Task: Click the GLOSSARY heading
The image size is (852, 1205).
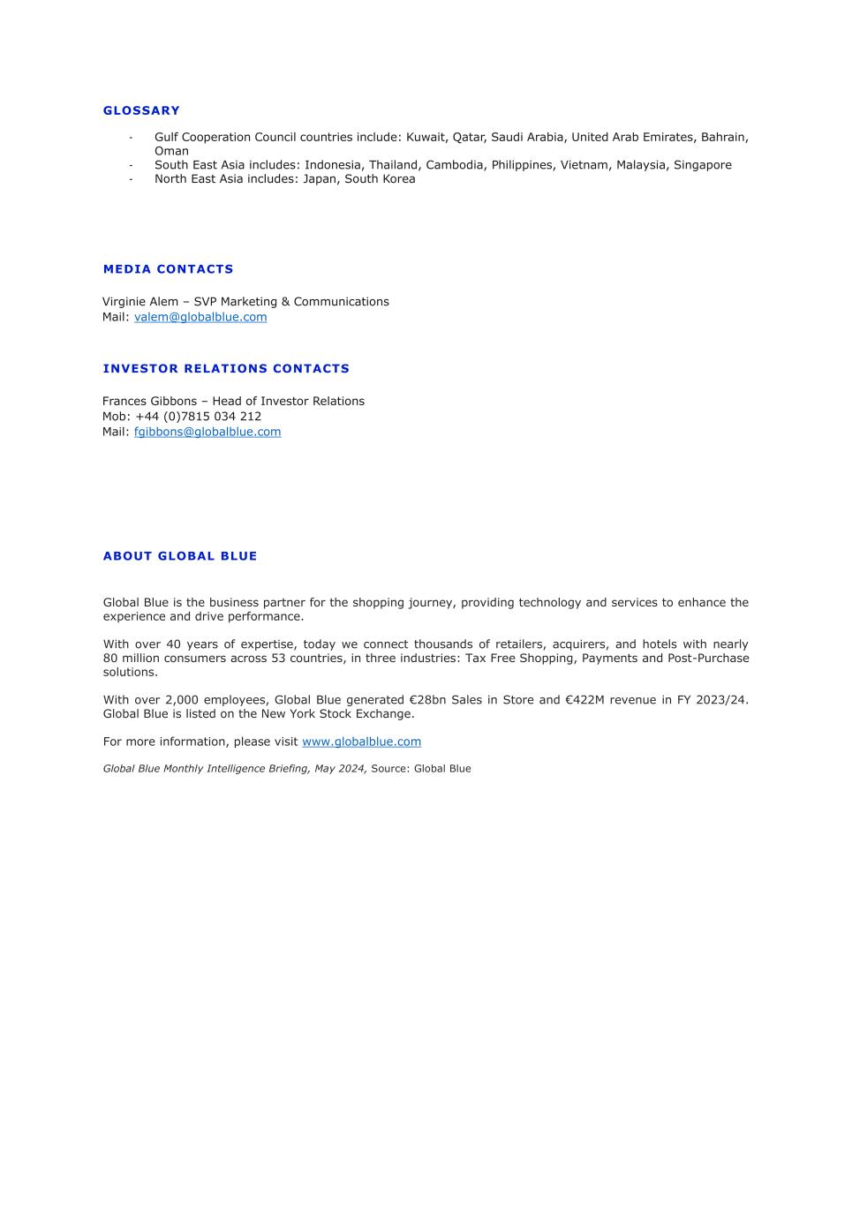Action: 141,110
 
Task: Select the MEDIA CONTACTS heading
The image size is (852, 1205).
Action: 168,269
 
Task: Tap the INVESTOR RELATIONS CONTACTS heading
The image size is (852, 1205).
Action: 226,368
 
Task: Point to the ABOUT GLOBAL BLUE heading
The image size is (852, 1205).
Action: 180,556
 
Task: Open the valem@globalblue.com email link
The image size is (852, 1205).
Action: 200,317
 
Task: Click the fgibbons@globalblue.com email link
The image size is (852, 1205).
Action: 207,432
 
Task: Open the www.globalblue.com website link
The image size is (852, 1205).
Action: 361,742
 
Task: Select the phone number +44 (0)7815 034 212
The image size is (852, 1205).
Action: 199,417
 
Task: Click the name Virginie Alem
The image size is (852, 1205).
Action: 140,302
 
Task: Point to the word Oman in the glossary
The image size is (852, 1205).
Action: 171,151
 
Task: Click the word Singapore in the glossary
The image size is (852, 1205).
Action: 703,165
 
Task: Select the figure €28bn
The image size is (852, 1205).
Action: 428,700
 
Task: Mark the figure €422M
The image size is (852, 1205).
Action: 584,700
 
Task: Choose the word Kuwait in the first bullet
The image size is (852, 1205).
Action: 426,138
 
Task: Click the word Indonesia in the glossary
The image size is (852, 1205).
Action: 333,165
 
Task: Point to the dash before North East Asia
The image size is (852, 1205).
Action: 131,179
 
